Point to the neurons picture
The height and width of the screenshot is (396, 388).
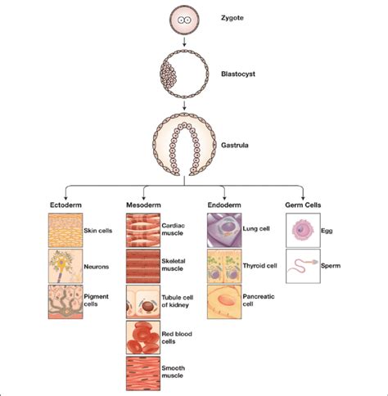coord(65,265)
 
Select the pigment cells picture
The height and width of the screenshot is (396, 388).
coord(65,300)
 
